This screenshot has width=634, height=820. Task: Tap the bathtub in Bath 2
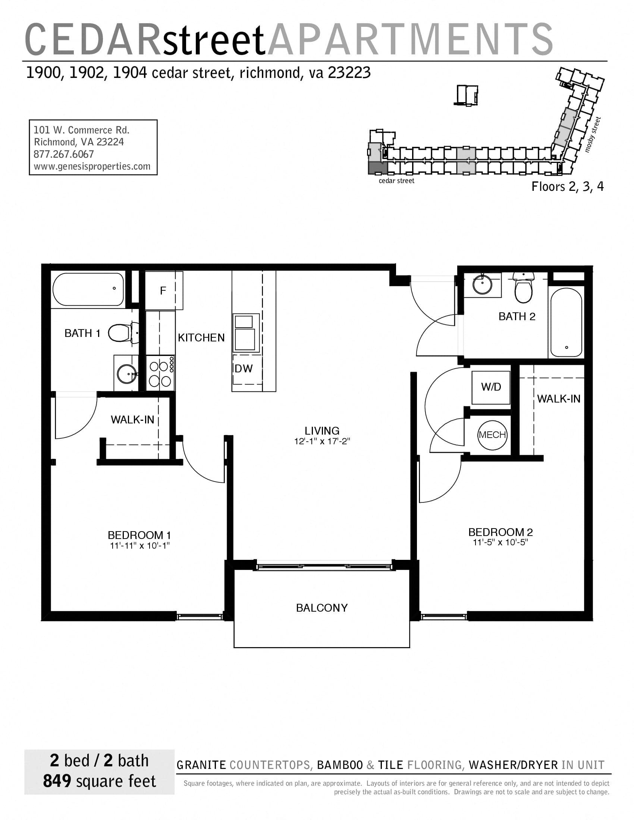[566, 322]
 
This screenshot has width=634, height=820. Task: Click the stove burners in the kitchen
[160, 373]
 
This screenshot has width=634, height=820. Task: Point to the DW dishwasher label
[244, 369]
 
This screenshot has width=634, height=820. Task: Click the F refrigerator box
[163, 290]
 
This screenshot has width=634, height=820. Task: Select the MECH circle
[492, 435]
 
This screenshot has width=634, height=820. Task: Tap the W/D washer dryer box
[491, 387]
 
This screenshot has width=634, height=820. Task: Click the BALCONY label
[322, 608]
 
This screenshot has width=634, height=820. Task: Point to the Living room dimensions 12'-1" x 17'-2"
[322, 441]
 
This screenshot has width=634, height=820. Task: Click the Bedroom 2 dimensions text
[500, 542]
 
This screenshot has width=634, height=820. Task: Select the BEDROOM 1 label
[139, 535]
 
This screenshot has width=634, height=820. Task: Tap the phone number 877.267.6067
[64, 154]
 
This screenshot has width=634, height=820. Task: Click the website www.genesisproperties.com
[92, 166]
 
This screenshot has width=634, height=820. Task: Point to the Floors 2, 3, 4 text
[567, 187]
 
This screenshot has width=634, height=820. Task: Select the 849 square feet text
[99, 781]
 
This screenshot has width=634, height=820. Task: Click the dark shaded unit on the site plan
[377, 167]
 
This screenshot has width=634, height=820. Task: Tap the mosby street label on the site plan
[593, 135]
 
